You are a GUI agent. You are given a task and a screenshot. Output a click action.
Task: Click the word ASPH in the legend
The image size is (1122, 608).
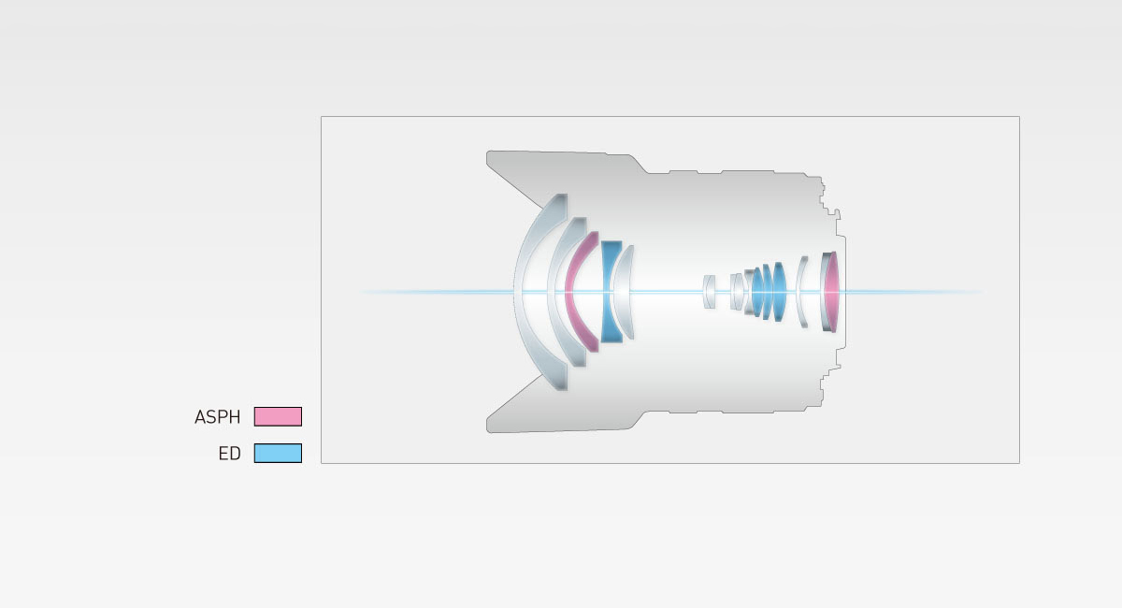(217, 417)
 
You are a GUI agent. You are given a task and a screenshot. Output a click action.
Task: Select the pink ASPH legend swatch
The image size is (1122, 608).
(278, 416)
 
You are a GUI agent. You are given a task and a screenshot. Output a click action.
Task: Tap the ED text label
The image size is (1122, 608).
(229, 454)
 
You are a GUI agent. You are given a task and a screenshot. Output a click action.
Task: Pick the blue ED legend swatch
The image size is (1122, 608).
(278, 453)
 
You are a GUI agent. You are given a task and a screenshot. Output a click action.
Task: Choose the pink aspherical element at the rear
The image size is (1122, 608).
(831, 292)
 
